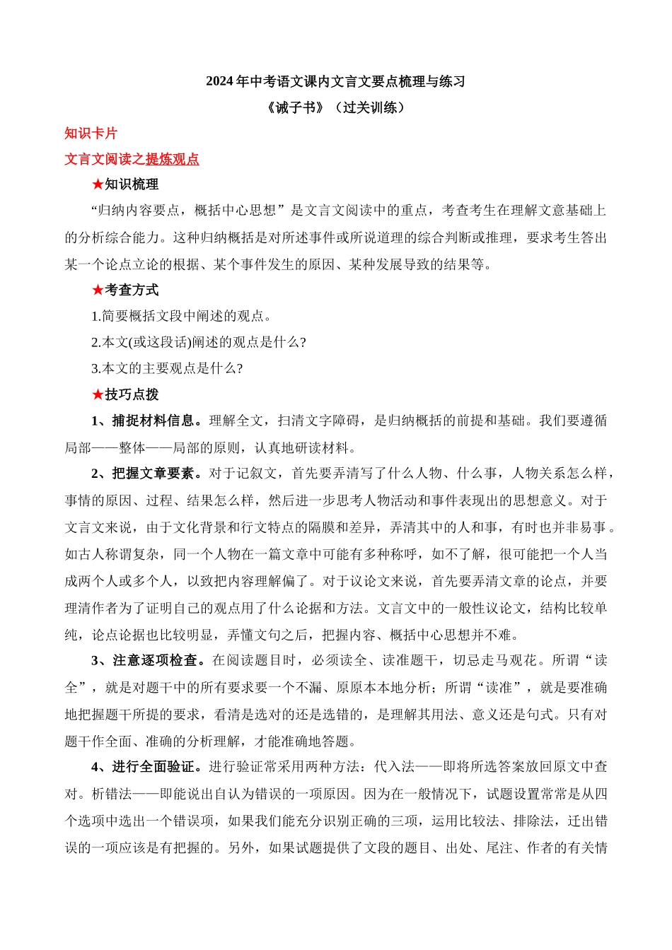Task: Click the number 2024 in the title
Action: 219,82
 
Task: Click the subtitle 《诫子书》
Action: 297,108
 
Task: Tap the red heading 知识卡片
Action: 91,134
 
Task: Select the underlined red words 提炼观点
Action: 173,160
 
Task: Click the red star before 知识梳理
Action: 98,185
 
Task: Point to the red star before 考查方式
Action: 98,291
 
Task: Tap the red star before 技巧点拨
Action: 98,395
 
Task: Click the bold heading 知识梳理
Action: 132,185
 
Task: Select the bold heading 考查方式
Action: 132,291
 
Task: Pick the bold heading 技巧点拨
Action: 132,395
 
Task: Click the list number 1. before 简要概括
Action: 96,317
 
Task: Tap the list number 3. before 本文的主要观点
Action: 96,369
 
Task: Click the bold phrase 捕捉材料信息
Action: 152,421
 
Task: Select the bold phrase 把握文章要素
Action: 152,474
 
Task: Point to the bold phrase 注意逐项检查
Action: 153,661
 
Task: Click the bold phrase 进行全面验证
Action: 152,767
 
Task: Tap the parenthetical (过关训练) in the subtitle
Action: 371,108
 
